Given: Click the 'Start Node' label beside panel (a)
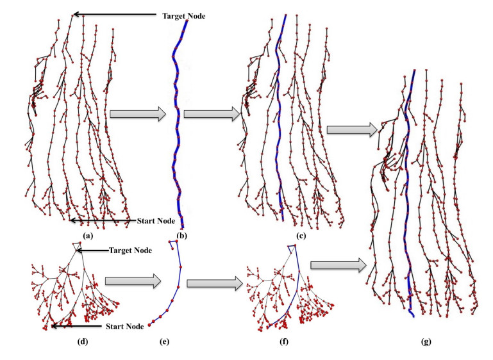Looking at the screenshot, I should pos(156,221).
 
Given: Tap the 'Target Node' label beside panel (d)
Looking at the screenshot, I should pos(131,250).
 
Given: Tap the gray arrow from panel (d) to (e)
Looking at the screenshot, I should pos(131,280).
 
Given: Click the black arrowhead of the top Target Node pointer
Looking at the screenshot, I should pos(74,13).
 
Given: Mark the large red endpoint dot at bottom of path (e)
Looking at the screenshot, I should pos(150,325).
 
